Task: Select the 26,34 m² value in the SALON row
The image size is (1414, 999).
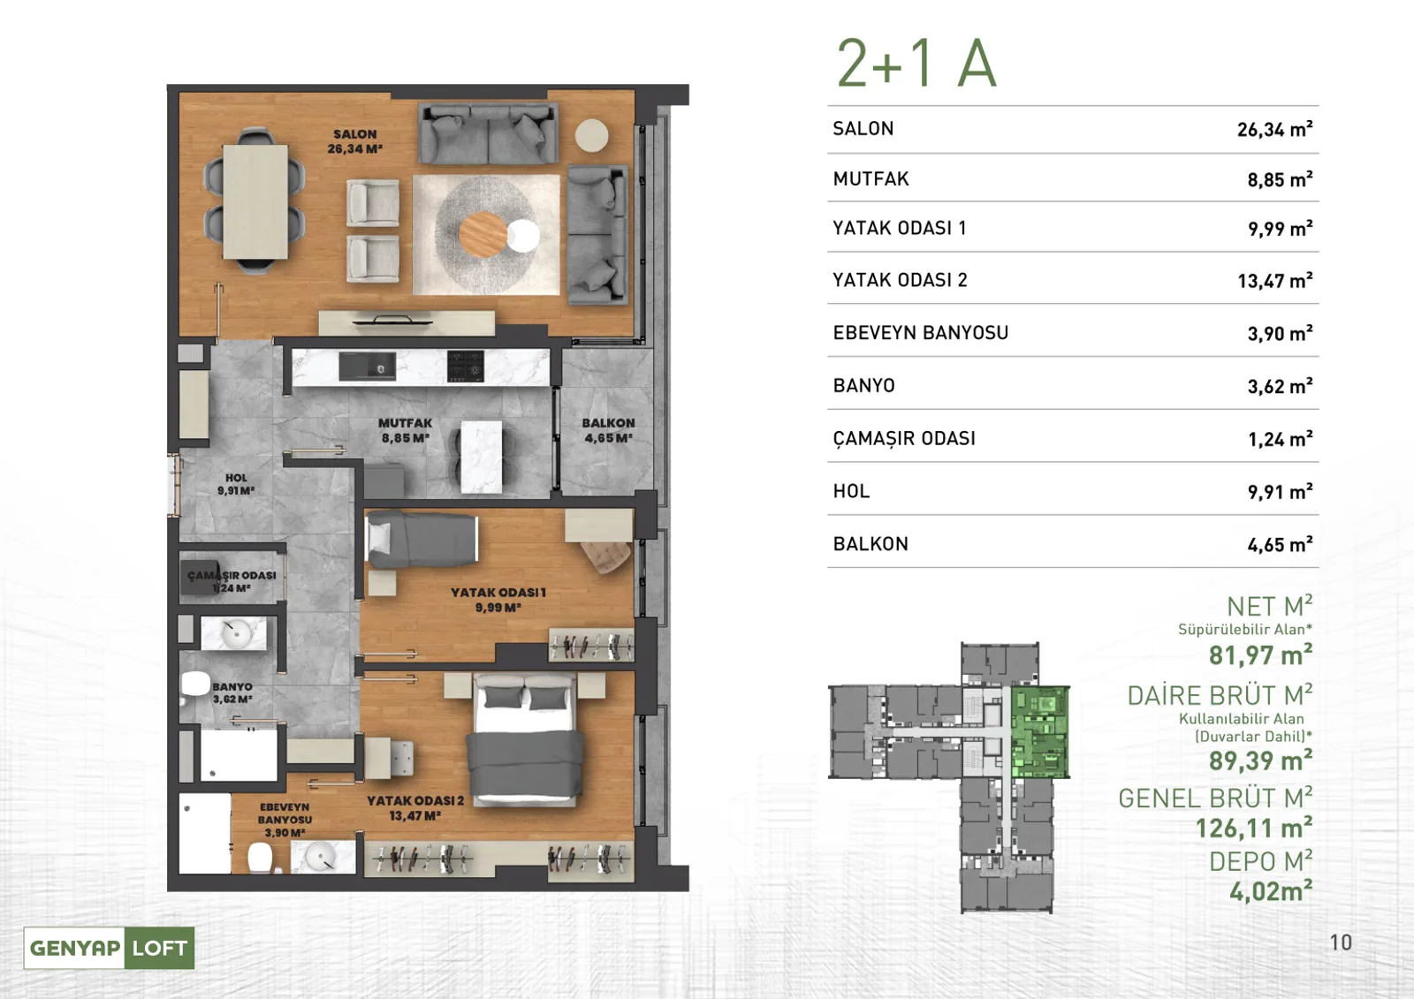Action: pyautogui.click(x=1274, y=129)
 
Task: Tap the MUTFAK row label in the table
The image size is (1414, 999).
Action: pyautogui.click(x=871, y=179)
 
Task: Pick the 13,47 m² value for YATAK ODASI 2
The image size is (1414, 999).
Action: pyautogui.click(x=1275, y=280)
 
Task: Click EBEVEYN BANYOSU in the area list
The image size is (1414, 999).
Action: pyautogui.click(x=920, y=333)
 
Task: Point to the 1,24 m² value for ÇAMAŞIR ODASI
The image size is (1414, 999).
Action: pyautogui.click(x=1281, y=439)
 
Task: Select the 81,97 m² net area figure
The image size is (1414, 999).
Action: pyautogui.click(x=1260, y=655)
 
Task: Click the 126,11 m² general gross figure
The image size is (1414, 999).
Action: pyautogui.click(x=1254, y=828)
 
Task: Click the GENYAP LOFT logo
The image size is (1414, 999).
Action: pyautogui.click(x=110, y=947)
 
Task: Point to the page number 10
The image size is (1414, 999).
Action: pyautogui.click(x=1341, y=942)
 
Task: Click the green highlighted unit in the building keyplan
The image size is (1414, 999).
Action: pyautogui.click(x=1039, y=732)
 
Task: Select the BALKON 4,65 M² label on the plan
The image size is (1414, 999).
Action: pyautogui.click(x=609, y=430)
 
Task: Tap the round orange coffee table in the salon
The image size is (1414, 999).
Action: pyautogui.click(x=483, y=234)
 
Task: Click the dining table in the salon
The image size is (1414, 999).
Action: pyautogui.click(x=255, y=202)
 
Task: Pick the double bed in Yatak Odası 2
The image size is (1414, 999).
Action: pyautogui.click(x=525, y=739)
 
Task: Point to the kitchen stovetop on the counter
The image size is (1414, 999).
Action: pyautogui.click(x=466, y=367)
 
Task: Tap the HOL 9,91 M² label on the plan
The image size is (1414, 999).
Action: pyautogui.click(x=236, y=484)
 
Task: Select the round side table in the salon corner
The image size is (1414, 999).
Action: pyautogui.click(x=591, y=135)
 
